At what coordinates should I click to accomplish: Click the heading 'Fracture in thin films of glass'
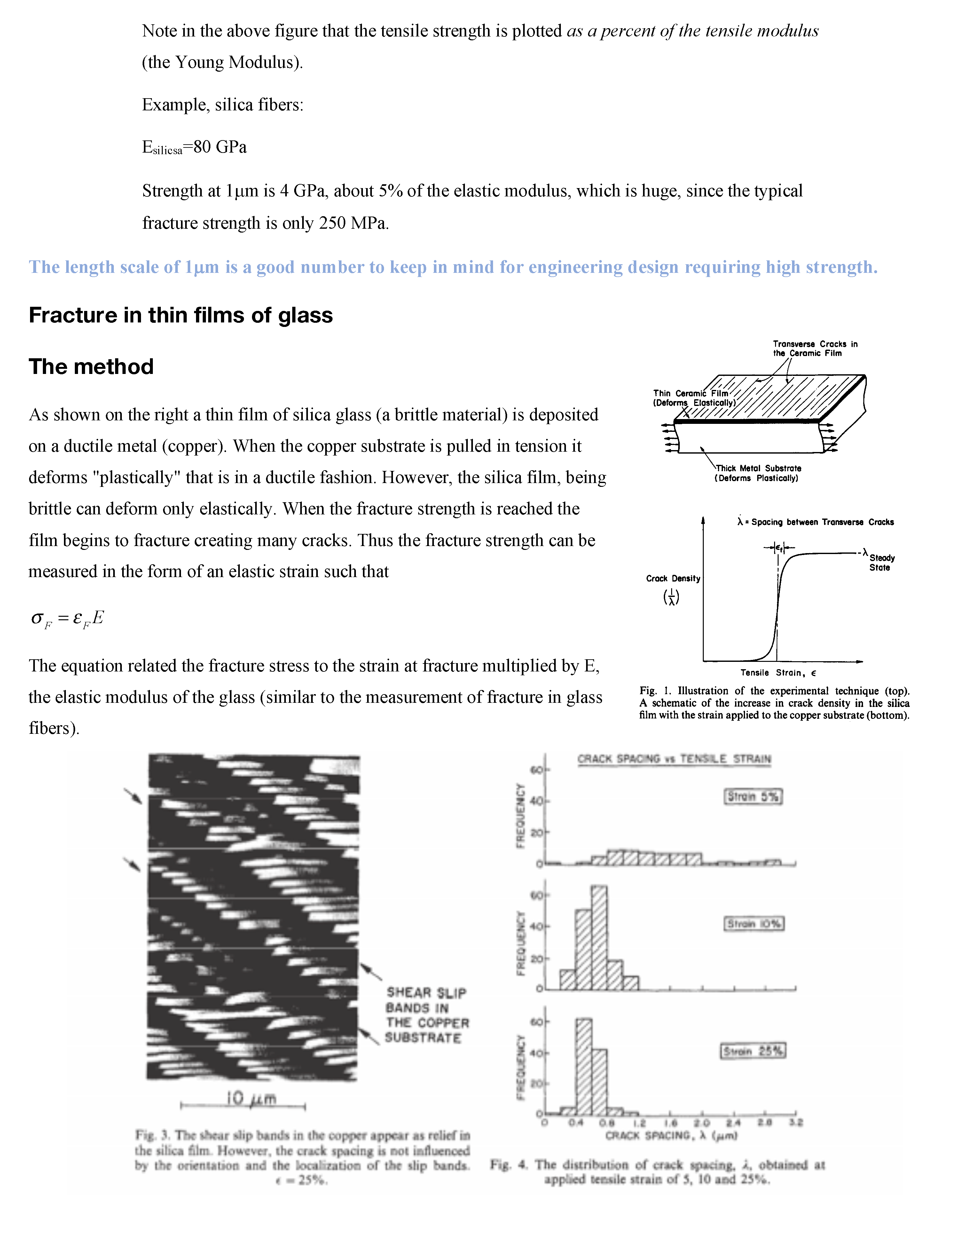pyautogui.click(x=181, y=315)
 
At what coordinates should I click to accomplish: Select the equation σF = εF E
pyautogui.click(x=68, y=618)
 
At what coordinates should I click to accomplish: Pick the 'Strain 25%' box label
pyautogui.click(x=753, y=1051)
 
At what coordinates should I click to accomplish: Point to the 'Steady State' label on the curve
pyautogui.click(x=881, y=562)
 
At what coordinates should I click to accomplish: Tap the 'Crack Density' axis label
pyautogui.click(x=672, y=578)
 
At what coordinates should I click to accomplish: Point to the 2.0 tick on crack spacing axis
pyautogui.click(x=702, y=1123)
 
